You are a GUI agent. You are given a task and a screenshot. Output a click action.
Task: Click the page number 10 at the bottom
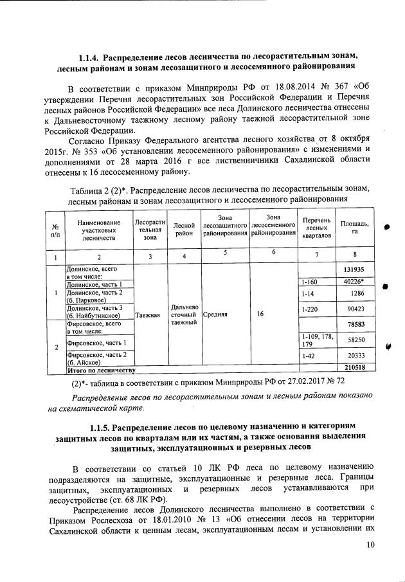(x=370, y=545)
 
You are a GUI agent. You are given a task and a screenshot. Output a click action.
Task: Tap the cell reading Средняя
(x=215, y=316)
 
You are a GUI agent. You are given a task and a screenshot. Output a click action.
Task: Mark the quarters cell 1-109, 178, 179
(x=315, y=340)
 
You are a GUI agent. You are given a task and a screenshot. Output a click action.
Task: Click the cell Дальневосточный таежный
(x=184, y=316)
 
